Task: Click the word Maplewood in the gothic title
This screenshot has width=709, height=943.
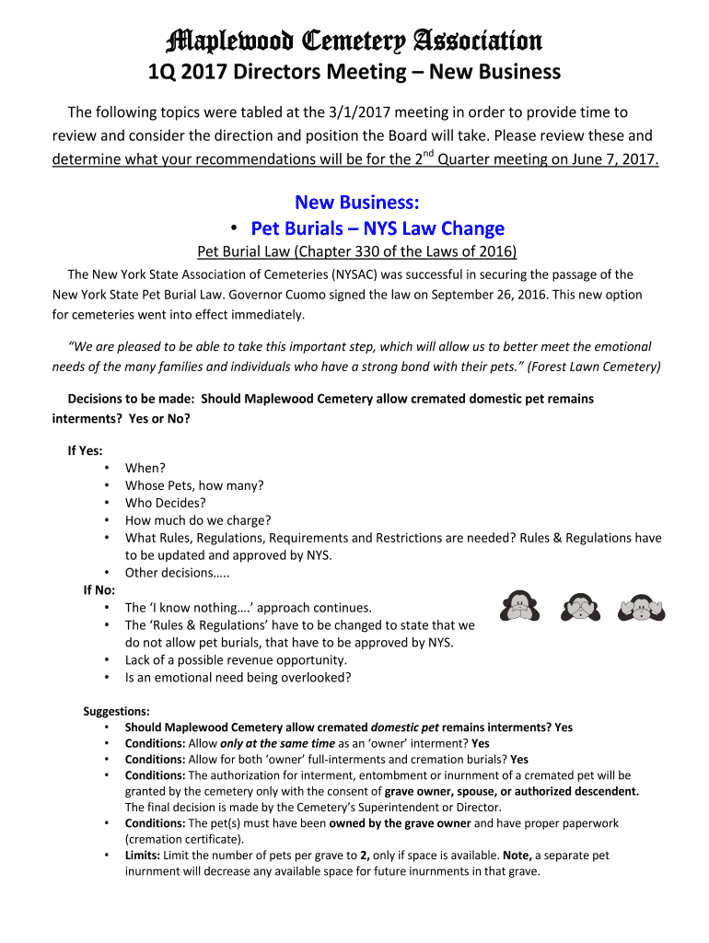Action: pos(215,41)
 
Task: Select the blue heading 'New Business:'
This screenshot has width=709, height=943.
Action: pos(354,203)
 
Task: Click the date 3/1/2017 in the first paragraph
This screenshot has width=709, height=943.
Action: pos(358,112)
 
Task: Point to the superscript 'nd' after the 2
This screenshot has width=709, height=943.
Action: pos(427,152)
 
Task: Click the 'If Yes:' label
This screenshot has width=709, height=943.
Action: pos(85,450)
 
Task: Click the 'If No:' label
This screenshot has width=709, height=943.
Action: pos(99,590)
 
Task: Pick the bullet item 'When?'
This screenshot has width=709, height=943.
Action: pos(145,468)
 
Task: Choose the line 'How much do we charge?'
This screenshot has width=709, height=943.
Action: pos(198,520)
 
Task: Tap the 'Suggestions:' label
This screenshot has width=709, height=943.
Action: pos(116,711)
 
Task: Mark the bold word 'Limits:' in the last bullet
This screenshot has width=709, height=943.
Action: pos(145,856)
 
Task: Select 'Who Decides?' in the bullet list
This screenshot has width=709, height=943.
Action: pos(166,503)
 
